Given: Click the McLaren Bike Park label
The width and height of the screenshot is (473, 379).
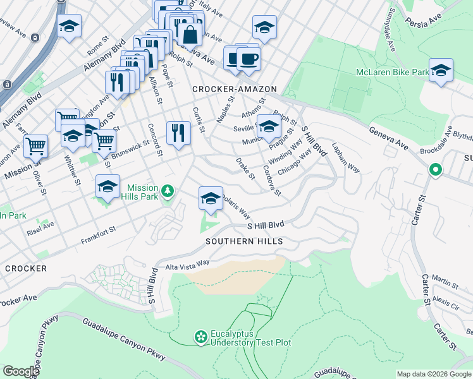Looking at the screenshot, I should click(391, 73).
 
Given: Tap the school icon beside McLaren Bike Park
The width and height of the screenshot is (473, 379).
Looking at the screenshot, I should click(441, 71).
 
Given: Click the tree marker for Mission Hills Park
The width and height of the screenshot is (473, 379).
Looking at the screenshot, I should click(167, 190).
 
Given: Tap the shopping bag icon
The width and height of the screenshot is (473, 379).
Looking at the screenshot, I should click(190, 35).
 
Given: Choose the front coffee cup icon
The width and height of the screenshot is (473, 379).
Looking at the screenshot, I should click(249, 59).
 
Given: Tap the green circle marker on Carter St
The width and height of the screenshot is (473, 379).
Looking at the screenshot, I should click(435, 170).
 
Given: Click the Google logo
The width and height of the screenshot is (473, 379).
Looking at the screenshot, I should click(20, 371).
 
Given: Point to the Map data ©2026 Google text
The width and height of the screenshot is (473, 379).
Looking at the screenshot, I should click(433, 374).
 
